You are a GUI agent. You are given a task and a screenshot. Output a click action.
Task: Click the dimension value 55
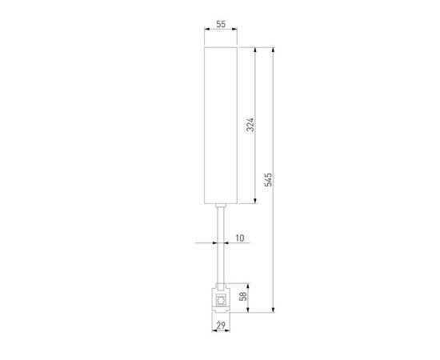220,25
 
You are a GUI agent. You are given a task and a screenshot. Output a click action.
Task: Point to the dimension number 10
240,238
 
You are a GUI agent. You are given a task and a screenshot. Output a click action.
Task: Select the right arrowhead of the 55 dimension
236,31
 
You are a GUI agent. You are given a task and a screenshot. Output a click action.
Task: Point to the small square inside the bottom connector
220,299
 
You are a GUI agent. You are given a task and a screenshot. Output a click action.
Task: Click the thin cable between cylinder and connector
220,248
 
